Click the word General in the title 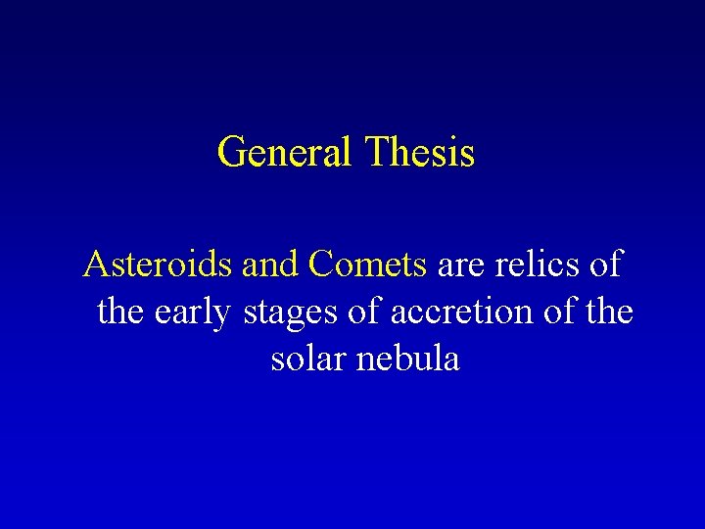[285, 154]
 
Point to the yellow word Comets [367, 264]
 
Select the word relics [533, 264]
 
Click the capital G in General [232, 154]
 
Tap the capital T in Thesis [376, 154]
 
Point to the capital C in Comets [319, 264]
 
